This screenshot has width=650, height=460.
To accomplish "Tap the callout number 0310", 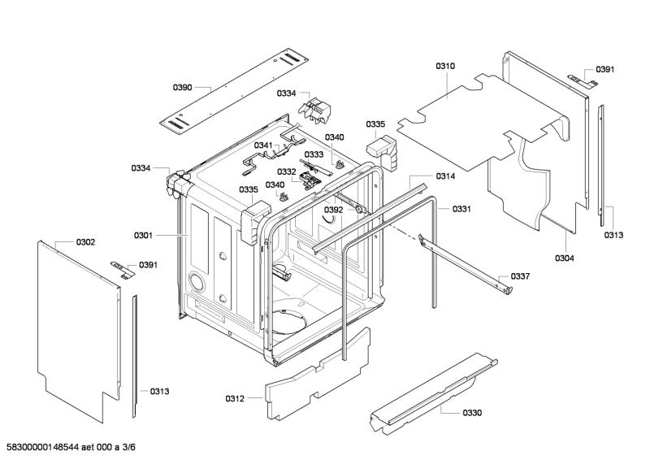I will coord(445,65).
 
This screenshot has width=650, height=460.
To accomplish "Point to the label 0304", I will coord(564,258).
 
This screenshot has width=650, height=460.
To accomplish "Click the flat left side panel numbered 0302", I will coord(75,325).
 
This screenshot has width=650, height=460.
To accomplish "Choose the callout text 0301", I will coord(143,236).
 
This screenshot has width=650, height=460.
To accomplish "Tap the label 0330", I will coord(472,413).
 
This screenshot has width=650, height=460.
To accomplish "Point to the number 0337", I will coord(520,276).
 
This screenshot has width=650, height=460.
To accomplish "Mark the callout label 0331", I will coord(461,209).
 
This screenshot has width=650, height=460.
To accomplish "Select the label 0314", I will coord(445,176).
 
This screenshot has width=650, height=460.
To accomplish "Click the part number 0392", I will coord(333,210).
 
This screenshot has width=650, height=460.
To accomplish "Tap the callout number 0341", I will coord(263,145).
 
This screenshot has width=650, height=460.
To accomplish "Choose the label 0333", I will coord(314,154).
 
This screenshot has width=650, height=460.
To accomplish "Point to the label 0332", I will coord(286,171).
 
